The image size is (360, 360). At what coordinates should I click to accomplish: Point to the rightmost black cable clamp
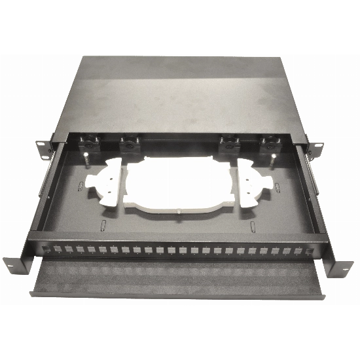(x=269, y=143)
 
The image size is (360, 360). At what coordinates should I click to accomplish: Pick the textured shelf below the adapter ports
(x=177, y=278)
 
